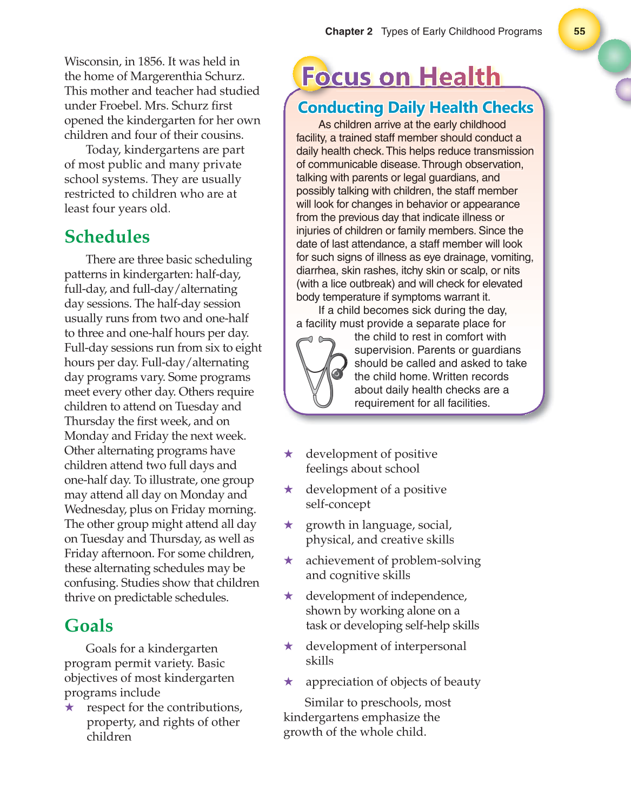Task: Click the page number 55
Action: pos(579,31)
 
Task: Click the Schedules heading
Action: pos(107,237)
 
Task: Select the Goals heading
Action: pos(89,626)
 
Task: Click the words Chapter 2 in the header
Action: pos(348,31)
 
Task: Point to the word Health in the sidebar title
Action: pos(460,77)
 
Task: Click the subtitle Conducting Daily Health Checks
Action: pos(415,108)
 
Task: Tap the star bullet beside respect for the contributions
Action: pos(70,707)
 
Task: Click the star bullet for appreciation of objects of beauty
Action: pos(289,682)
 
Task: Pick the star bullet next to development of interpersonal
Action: pos(289,646)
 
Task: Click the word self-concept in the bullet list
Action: pos(338,504)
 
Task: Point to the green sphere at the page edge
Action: pos(615,56)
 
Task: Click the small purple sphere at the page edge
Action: pos(623,90)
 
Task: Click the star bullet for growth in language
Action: pos(289,525)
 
